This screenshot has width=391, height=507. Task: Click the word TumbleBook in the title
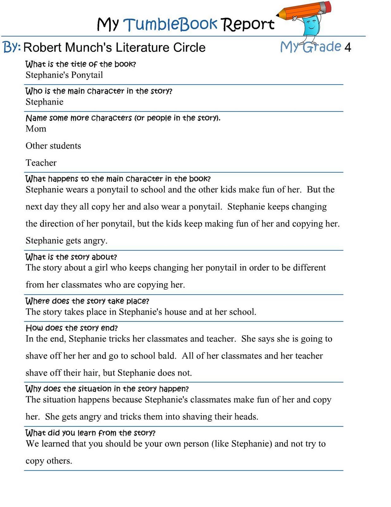click(x=170, y=24)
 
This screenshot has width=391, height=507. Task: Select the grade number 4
click(x=348, y=48)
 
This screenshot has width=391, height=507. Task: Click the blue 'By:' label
click(x=12, y=47)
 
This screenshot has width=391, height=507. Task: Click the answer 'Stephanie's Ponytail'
click(x=64, y=75)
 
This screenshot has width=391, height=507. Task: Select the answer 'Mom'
click(x=36, y=129)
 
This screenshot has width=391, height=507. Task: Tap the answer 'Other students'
click(x=53, y=146)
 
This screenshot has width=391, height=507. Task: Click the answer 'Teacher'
click(x=41, y=163)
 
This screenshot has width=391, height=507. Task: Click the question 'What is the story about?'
click(x=71, y=257)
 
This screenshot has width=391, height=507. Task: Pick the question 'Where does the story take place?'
click(x=87, y=301)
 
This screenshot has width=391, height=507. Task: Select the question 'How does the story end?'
click(x=71, y=328)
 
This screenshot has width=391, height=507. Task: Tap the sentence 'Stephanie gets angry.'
click(x=66, y=241)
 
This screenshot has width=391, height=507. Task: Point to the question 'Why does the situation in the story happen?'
click(x=107, y=388)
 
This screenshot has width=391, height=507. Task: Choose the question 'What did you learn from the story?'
click(x=90, y=433)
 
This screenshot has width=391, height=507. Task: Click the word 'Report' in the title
click(x=247, y=24)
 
